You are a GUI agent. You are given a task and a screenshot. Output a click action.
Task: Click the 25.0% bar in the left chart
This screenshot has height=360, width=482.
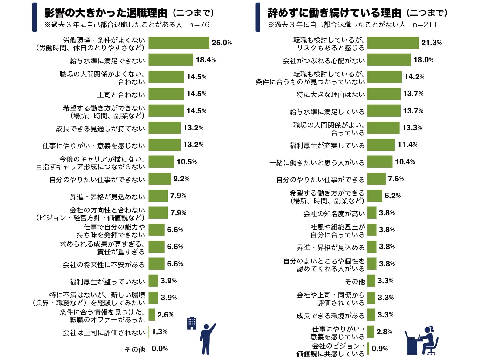coord(179,43)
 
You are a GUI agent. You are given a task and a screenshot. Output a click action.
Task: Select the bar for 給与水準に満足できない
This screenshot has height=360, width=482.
coord(171,60)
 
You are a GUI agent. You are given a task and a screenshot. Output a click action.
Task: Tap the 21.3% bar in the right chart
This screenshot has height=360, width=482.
coord(393,43)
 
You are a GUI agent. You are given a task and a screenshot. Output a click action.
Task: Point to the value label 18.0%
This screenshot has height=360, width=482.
coord(423,60)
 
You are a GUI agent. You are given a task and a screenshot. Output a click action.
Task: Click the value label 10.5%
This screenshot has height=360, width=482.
coord(187,162)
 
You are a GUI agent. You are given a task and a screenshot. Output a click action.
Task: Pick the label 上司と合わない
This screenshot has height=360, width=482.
coord(121,95)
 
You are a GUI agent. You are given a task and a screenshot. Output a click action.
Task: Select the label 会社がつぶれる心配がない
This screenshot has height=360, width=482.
coord(324,61)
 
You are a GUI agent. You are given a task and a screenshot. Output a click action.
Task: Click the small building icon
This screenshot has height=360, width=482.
coord(192,323)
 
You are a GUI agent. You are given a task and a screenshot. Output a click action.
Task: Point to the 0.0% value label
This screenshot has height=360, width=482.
coord(159,349)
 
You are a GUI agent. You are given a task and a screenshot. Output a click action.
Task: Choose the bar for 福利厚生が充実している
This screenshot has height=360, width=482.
coord(381,145)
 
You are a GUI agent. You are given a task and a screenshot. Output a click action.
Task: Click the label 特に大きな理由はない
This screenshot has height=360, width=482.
coord(330,95)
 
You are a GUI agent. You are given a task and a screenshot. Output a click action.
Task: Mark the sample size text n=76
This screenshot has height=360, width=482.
coord(199,25)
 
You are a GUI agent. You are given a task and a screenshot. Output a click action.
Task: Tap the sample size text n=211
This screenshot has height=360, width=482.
coord(424,25)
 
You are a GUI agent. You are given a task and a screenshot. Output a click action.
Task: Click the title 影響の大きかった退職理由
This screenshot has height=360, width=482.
coord(106,13)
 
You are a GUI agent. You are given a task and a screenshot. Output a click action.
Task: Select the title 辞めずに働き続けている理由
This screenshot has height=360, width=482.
coord(334,13)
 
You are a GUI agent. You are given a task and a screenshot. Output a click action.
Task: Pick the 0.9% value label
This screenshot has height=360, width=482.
coord(379,349)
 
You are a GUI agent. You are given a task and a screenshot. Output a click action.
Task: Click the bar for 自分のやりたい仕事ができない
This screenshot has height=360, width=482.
coord(160,179)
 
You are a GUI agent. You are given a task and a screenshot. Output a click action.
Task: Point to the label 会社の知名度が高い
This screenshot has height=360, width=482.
coord(334,214)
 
